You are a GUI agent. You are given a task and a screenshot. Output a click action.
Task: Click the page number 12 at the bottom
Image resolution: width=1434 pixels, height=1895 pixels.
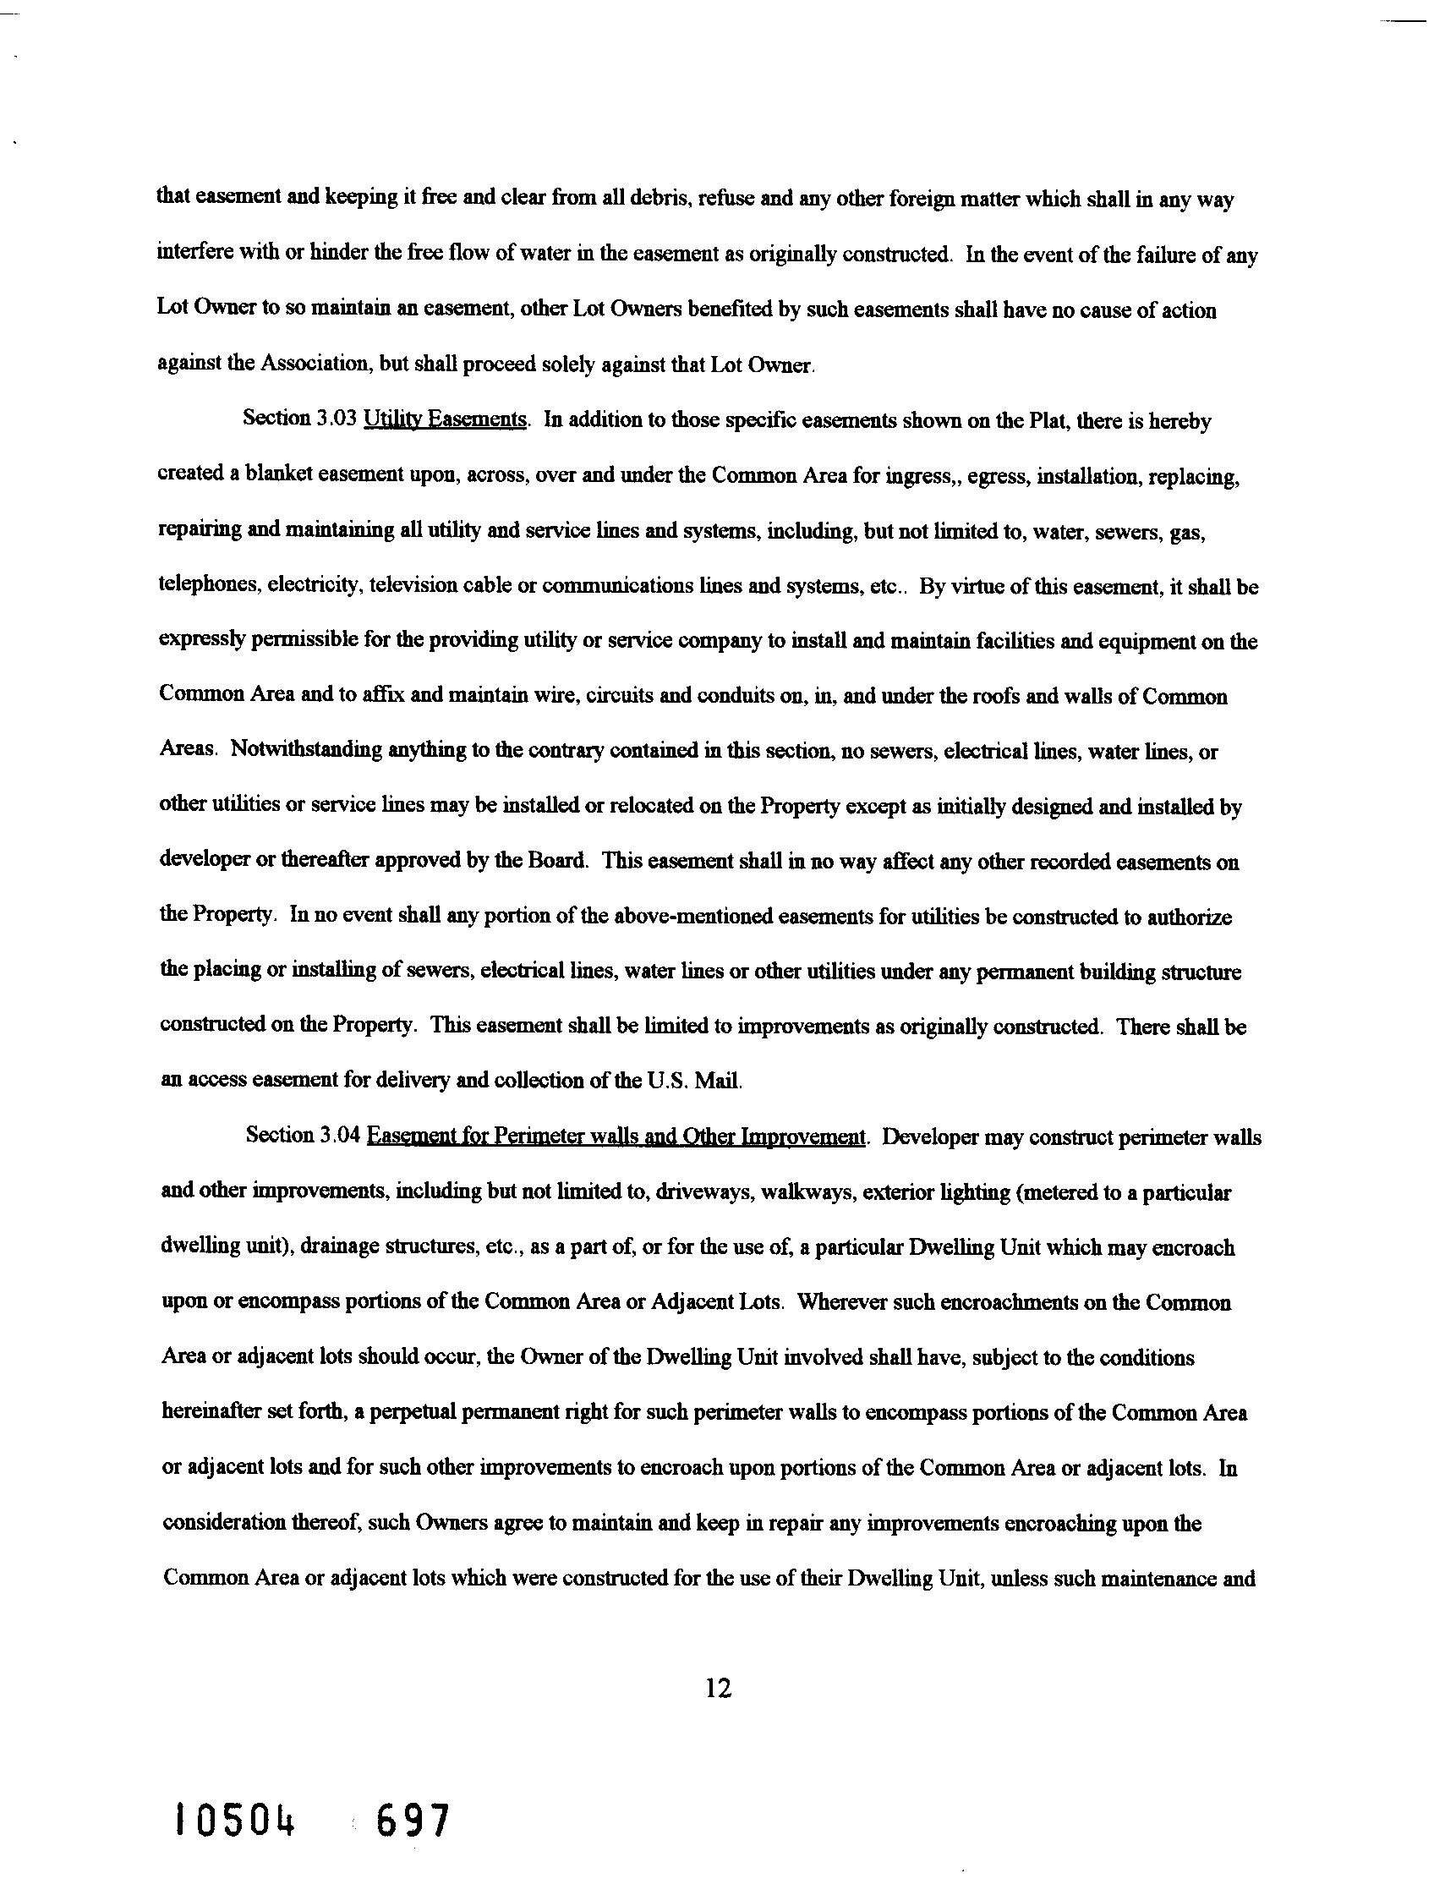(x=718, y=1689)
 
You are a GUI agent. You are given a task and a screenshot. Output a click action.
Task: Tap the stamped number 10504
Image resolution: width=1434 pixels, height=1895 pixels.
(x=234, y=1821)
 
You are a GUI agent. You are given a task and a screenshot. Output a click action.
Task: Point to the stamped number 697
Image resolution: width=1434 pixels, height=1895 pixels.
(x=412, y=1821)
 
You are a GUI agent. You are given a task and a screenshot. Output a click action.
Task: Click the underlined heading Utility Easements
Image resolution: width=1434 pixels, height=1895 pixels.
(x=445, y=419)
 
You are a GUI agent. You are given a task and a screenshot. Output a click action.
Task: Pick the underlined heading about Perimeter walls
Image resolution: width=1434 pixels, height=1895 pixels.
(x=616, y=1136)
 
